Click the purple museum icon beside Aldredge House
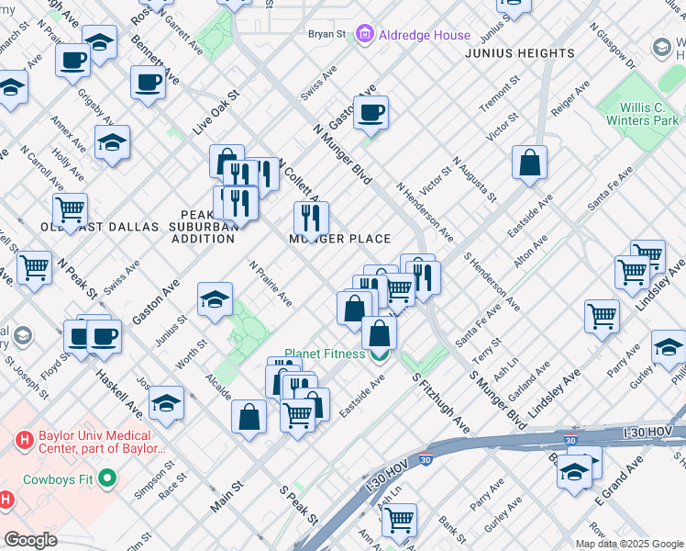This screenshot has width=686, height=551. pyautogui.click(x=366, y=34)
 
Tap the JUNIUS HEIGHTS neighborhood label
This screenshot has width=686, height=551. pyautogui.click(x=519, y=53)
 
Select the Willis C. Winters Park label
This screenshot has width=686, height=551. pyautogui.click(x=642, y=114)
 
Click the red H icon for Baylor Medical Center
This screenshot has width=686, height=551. pyautogui.click(x=24, y=440)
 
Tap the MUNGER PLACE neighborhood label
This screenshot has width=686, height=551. pyautogui.click(x=340, y=239)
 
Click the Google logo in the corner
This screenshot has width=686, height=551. pyautogui.click(x=31, y=540)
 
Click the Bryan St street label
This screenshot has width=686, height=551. pyautogui.click(x=326, y=34)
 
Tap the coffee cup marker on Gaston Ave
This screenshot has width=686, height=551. pyautogui.click(x=371, y=114)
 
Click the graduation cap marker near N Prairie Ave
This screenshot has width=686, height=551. pyautogui.click(x=215, y=299)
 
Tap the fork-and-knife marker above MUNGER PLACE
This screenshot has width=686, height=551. pyautogui.click(x=311, y=219)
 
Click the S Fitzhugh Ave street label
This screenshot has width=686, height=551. pyautogui.click(x=441, y=404)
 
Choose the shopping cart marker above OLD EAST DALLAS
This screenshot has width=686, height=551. pyautogui.click(x=70, y=209)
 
